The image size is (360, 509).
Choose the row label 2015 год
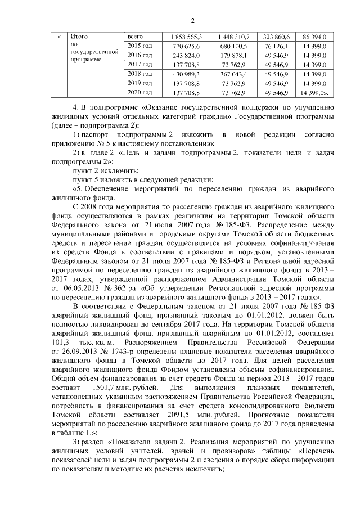(141, 45)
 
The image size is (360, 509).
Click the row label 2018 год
(141, 74)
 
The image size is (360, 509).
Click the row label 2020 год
(141, 92)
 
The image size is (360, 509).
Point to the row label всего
(137, 36)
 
